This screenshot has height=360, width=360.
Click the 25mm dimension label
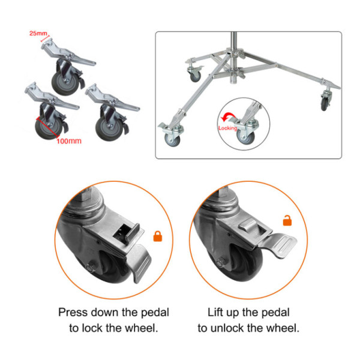(x=38, y=33)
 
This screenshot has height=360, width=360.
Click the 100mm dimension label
(x=69, y=141)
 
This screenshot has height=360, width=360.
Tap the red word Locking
(x=227, y=128)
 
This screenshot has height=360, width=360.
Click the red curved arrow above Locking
(x=228, y=117)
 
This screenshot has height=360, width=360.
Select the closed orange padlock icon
(x=157, y=236)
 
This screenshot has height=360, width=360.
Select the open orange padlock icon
(x=287, y=221)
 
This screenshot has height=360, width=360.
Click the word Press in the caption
(x=73, y=313)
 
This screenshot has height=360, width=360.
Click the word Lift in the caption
(x=215, y=313)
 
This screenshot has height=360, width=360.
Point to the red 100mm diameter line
(x=48, y=128)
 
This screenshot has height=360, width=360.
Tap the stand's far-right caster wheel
(x=324, y=104)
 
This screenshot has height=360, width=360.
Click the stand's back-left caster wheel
(x=196, y=76)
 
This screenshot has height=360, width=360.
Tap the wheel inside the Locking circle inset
(x=245, y=137)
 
